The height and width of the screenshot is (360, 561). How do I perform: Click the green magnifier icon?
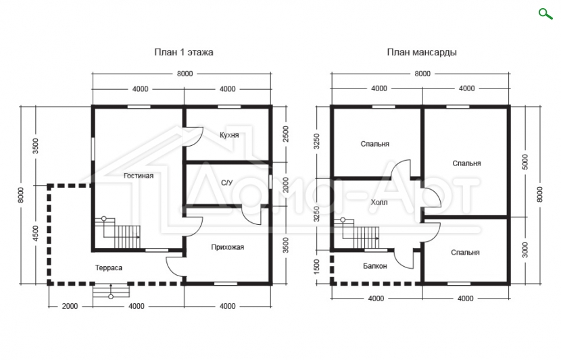coord(545,14)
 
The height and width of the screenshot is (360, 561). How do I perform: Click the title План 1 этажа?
coord(184,52)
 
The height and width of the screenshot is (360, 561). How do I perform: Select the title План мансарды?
coord(422,52)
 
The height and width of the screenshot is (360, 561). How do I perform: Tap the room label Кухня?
coord(229,135)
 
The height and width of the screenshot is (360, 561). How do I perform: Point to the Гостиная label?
coord(139,176)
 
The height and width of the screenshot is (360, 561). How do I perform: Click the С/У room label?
coord(227,183)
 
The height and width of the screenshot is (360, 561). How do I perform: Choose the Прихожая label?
coord(228,247)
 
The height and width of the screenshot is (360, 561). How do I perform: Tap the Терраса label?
coord(109,267)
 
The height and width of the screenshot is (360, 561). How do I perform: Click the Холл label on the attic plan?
coord(379,203)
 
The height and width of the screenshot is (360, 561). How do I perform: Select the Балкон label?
coord(375,266)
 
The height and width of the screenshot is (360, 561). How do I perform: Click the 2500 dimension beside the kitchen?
coord(285,134)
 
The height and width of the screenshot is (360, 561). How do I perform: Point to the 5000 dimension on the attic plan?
coord(525,162)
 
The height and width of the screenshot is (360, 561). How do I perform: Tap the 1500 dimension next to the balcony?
coord(317,267)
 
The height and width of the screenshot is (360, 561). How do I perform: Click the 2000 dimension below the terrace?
coord(70,306)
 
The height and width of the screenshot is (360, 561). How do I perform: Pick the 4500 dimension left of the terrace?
coord(35,234)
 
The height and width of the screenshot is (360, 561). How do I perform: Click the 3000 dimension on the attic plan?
coord(525,251)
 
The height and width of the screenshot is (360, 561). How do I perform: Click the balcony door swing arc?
coord(405,259)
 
